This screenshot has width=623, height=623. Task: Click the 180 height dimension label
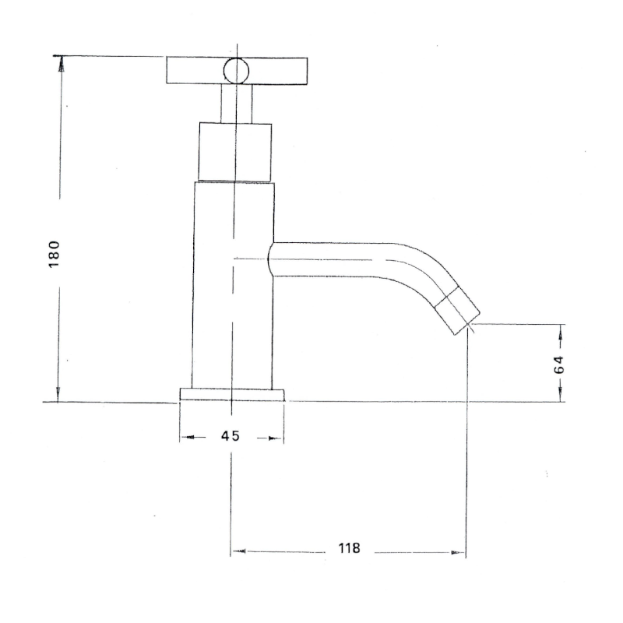pos(54,255)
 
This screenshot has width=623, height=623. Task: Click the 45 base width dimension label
pos(231,436)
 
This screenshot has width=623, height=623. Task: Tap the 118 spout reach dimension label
pos(349,548)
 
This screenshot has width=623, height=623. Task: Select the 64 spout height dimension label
pos(559,364)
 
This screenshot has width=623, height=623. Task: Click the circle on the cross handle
pos(237,72)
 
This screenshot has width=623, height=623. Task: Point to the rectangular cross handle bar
pos(237,71)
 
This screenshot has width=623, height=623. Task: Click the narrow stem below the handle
pos(237,104)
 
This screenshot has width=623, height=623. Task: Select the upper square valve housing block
pos(235,152)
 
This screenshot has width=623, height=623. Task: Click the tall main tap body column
pos(233,285)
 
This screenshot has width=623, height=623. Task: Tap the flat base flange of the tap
pos(232,395)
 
